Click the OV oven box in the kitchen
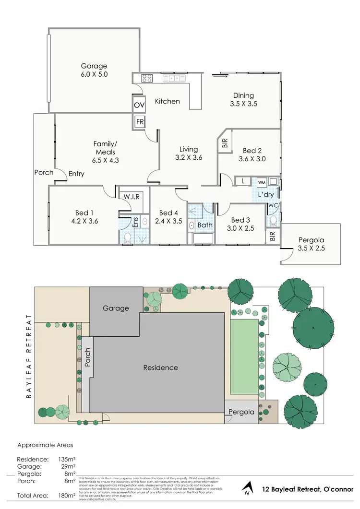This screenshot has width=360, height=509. pos(139,105)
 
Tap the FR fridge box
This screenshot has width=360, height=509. pos(139,122)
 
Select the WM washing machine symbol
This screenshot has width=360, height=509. pos(262,183)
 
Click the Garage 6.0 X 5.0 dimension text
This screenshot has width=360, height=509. pos(94,74)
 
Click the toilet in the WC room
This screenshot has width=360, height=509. pos(273,221)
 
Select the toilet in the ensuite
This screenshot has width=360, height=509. pos(127,237)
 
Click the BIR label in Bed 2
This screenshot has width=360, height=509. pos(224,143)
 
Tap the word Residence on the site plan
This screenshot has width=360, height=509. pos(160,368)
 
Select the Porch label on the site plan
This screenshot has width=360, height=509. pos(87,357)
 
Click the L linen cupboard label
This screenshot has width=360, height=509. pos(243,181)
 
